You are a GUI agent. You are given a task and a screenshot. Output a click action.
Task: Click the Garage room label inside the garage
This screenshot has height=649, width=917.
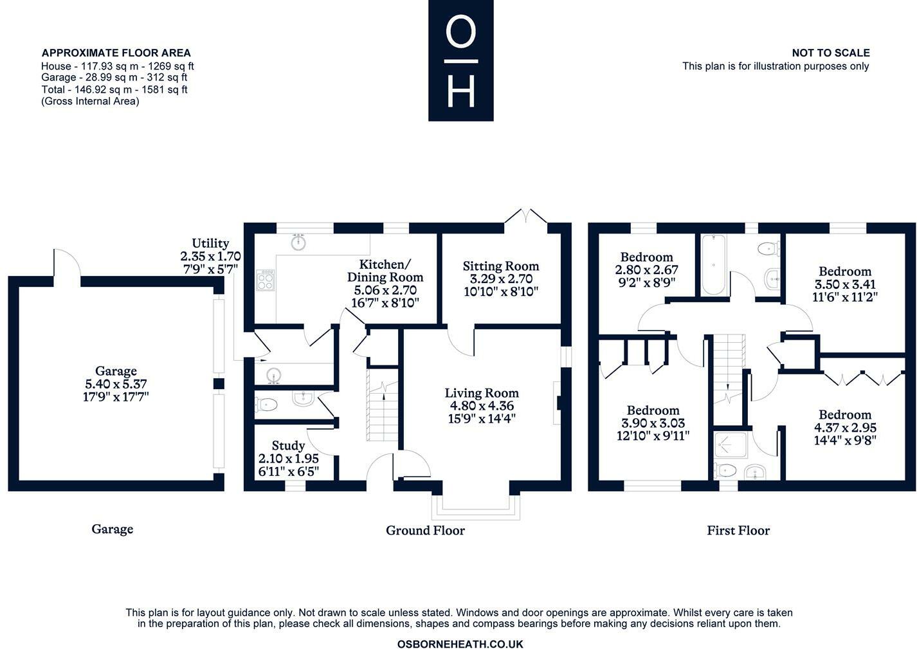click(116, 371)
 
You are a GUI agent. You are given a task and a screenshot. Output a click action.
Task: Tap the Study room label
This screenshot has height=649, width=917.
click(288, 446)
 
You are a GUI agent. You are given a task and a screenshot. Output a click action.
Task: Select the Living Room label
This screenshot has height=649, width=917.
click(482, 393)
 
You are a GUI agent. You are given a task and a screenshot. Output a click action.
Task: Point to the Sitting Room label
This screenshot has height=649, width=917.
click(501, 266)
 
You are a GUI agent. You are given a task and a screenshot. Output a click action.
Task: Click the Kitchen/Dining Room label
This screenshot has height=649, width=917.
click(385, 271)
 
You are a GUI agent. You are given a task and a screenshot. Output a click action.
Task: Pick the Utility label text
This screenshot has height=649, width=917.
click(210, 243)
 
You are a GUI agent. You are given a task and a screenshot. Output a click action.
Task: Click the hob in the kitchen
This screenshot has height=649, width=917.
click(265, 280)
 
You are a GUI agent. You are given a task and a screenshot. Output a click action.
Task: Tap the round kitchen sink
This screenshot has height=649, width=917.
click(298, 242)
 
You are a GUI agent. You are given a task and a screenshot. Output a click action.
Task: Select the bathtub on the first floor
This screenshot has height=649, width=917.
click(714, 264)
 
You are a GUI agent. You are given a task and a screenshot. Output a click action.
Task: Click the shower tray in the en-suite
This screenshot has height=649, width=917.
click(731, 444)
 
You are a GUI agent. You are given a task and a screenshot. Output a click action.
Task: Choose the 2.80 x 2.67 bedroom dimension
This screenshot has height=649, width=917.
click(646, 270)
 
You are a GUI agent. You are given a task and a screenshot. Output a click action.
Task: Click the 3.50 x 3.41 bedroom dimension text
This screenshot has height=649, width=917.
click(845, 284)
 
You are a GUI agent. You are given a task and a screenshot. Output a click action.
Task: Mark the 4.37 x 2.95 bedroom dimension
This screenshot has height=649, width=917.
click(845, 428)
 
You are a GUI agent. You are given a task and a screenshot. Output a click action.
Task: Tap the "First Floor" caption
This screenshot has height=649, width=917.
click(738, 531)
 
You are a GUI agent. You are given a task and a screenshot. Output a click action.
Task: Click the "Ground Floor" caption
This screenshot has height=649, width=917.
click(425, 531)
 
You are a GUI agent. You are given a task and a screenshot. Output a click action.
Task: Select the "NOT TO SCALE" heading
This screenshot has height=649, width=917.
click(831, 53)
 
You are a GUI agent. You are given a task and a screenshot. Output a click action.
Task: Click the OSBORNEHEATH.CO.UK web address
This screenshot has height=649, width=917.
click(460, 644)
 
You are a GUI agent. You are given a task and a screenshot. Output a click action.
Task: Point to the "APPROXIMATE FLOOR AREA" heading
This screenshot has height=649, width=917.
click(116, 53)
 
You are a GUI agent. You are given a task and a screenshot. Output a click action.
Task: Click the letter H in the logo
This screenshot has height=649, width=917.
click(461, 91)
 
